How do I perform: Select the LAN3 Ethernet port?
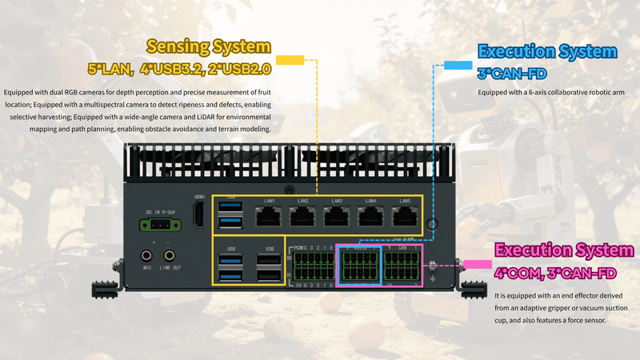click(337, 216)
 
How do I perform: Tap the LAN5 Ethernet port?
click(405, 216)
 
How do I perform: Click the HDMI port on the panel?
click(199, 213)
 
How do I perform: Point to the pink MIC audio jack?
click(146, 256)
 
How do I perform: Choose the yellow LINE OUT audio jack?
click(169, 256)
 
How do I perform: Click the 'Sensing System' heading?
click(209, 46)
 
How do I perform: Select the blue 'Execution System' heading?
click(547, 52)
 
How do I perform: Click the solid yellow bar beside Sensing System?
click(290, 60)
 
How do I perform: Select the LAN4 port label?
click(370, 200)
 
